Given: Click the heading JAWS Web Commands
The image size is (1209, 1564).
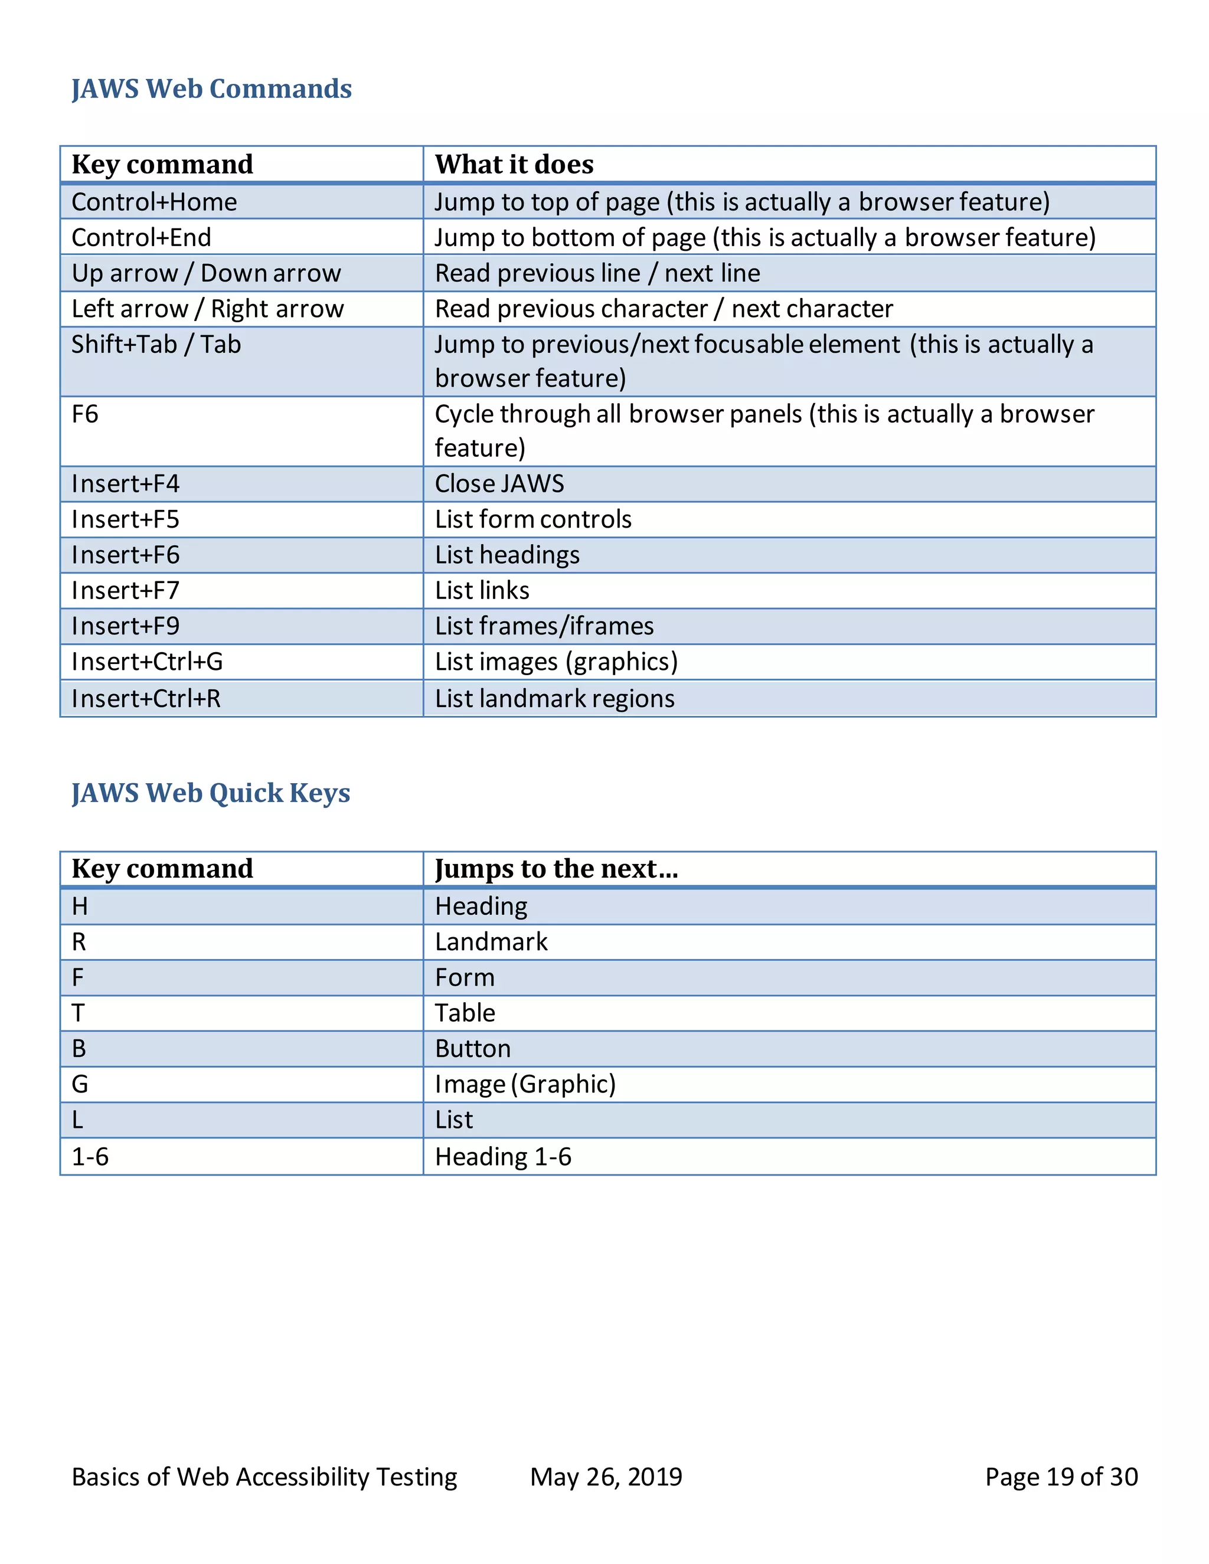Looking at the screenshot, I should coord(211,89).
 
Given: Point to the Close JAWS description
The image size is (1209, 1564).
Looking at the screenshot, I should coord(499,484).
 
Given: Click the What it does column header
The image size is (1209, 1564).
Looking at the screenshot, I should coord(514,165).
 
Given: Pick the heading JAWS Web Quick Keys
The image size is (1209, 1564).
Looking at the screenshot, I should coord(211,793).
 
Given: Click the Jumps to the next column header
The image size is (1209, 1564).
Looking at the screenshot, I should coord(556,869).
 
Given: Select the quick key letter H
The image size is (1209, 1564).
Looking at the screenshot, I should coord(80,907).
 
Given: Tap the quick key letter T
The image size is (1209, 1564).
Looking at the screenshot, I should coord(78,1013).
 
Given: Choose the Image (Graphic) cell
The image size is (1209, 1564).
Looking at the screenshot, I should coord(525,1084).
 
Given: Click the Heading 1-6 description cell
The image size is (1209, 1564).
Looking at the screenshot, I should coord(503,1157).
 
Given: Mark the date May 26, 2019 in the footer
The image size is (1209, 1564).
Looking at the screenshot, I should coord(606,1477).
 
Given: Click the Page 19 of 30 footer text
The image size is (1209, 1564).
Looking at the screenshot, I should coord(1061,1477).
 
